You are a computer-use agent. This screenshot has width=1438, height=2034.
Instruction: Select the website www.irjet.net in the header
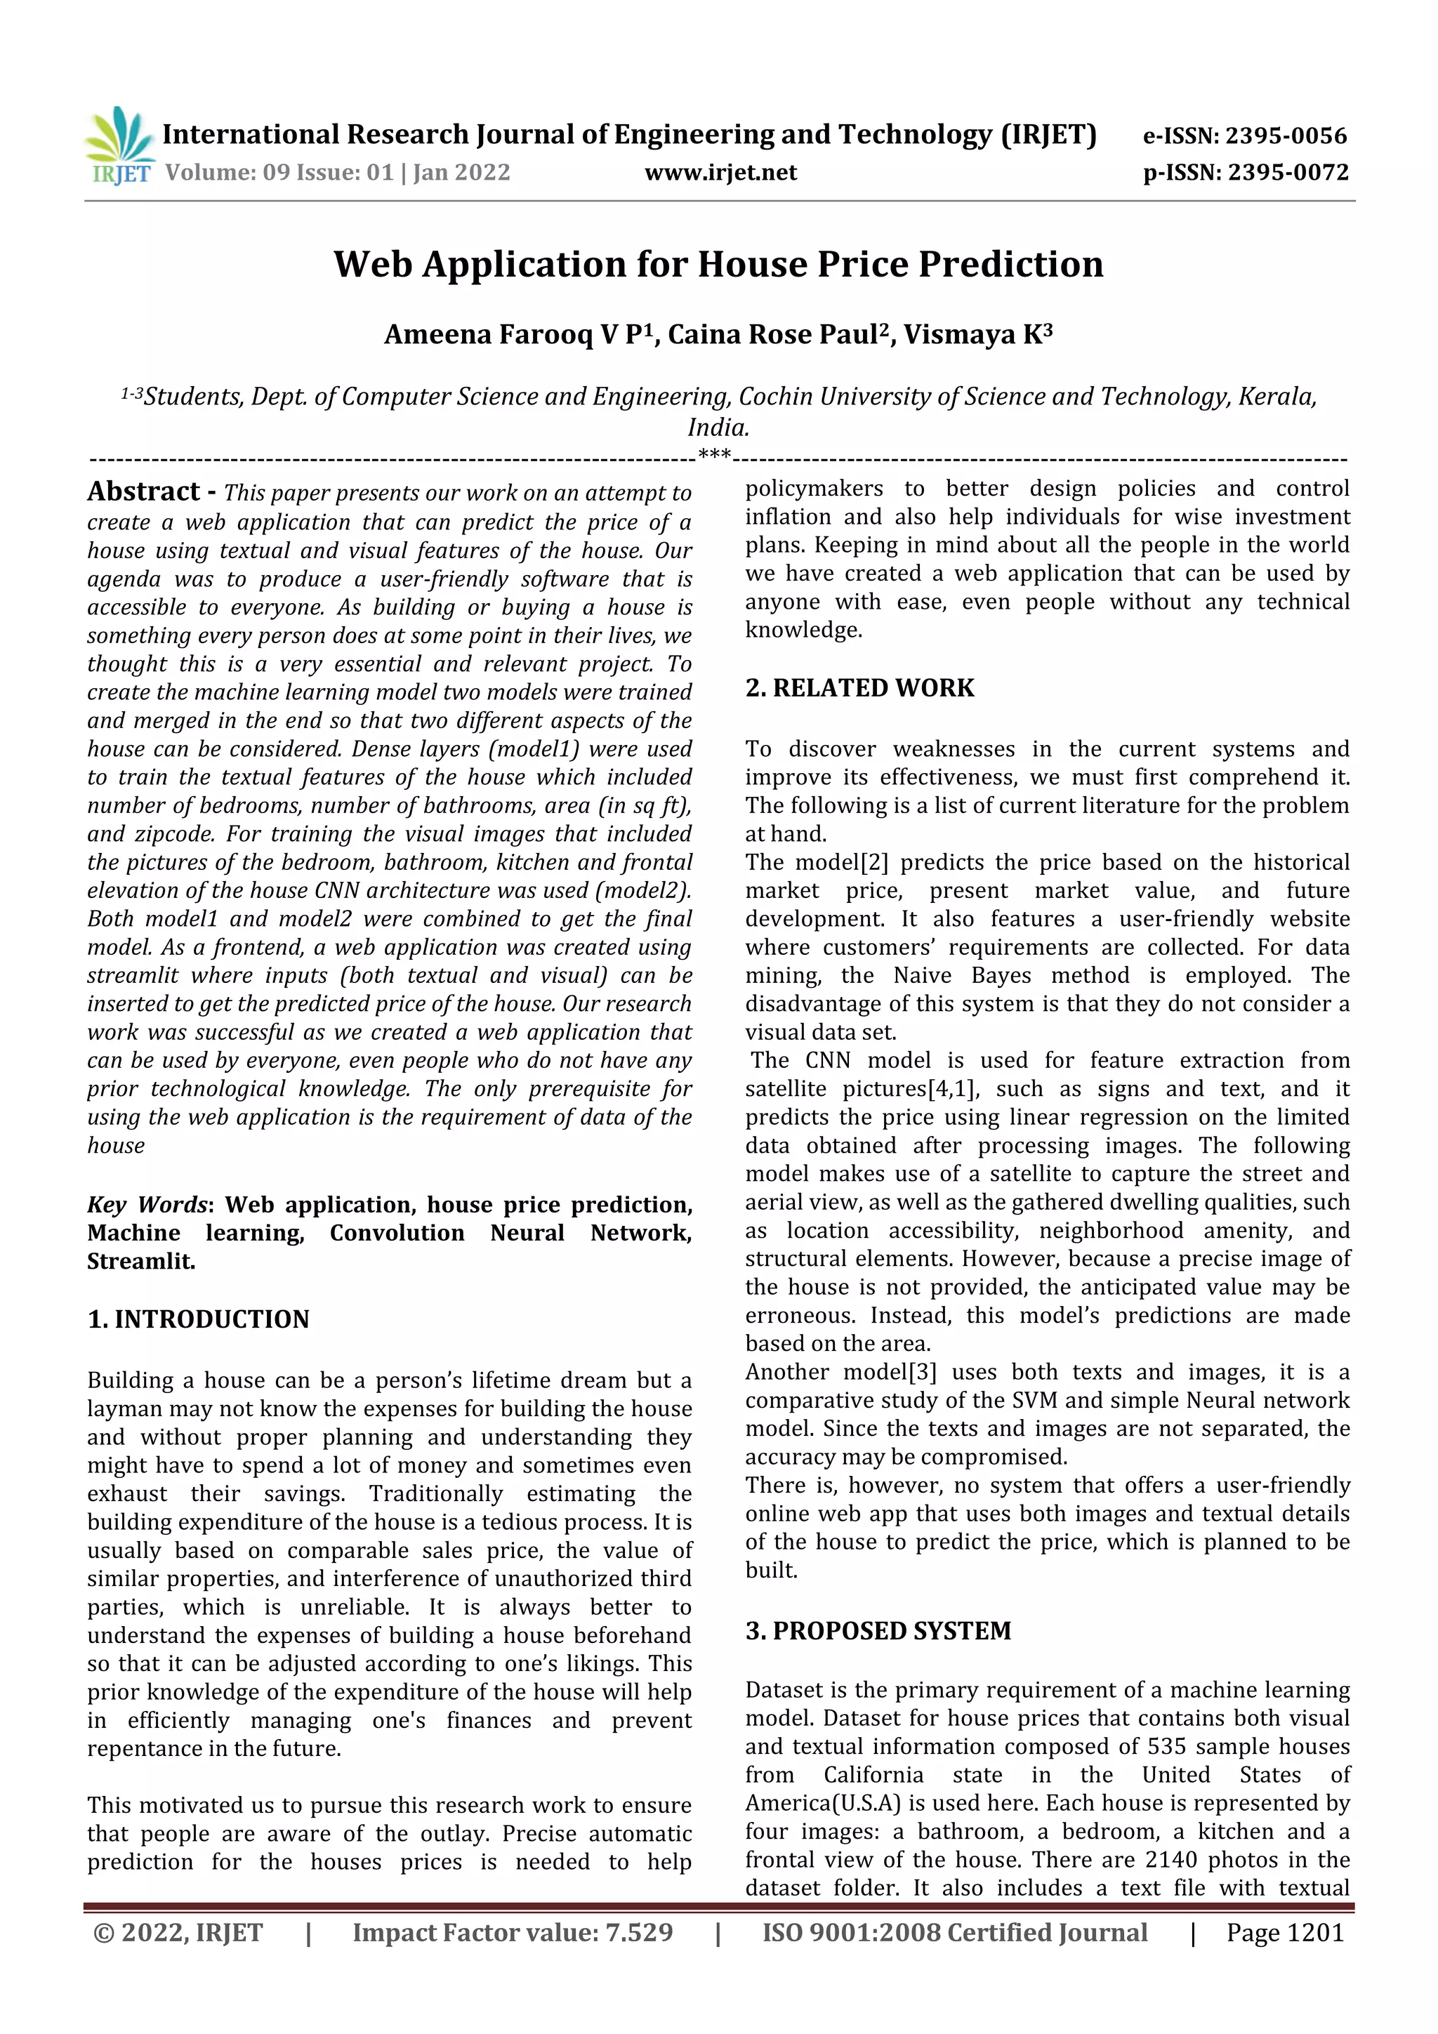click(720, 173)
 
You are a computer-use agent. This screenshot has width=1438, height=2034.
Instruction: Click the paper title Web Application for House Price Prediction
click(718, 265)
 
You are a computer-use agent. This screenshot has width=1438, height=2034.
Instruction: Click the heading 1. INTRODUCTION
click(199, 1319)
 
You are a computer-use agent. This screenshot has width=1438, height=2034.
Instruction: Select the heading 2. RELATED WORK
click(859, 688)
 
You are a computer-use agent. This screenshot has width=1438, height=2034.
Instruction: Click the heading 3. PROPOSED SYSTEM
click(878, 1631)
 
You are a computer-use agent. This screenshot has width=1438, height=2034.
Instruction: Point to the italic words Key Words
click(147, 1205)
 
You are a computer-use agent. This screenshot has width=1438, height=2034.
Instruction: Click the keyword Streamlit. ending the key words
click(141, 1262)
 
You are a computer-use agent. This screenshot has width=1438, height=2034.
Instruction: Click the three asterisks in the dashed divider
click(714, 456)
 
